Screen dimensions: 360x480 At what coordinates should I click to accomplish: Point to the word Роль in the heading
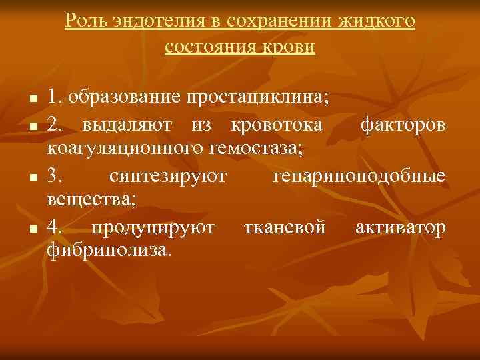coord(82,21)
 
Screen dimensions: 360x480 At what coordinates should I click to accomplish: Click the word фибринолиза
coord(109,251)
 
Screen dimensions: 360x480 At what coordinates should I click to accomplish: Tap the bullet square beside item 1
coord(33,99)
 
